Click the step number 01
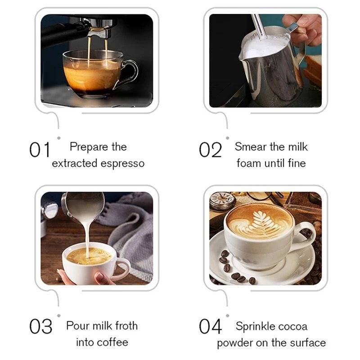(x=40, y=149)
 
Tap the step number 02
(x=210, y=149)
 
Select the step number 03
(x=40, y=326)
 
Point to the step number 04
(x=210, y=326)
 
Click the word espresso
(x=122, y=164)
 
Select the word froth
(x=126, y=325)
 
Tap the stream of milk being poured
(x=87, y=239)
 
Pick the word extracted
(x=75, y=163)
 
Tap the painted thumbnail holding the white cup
(x=99, y=276)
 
